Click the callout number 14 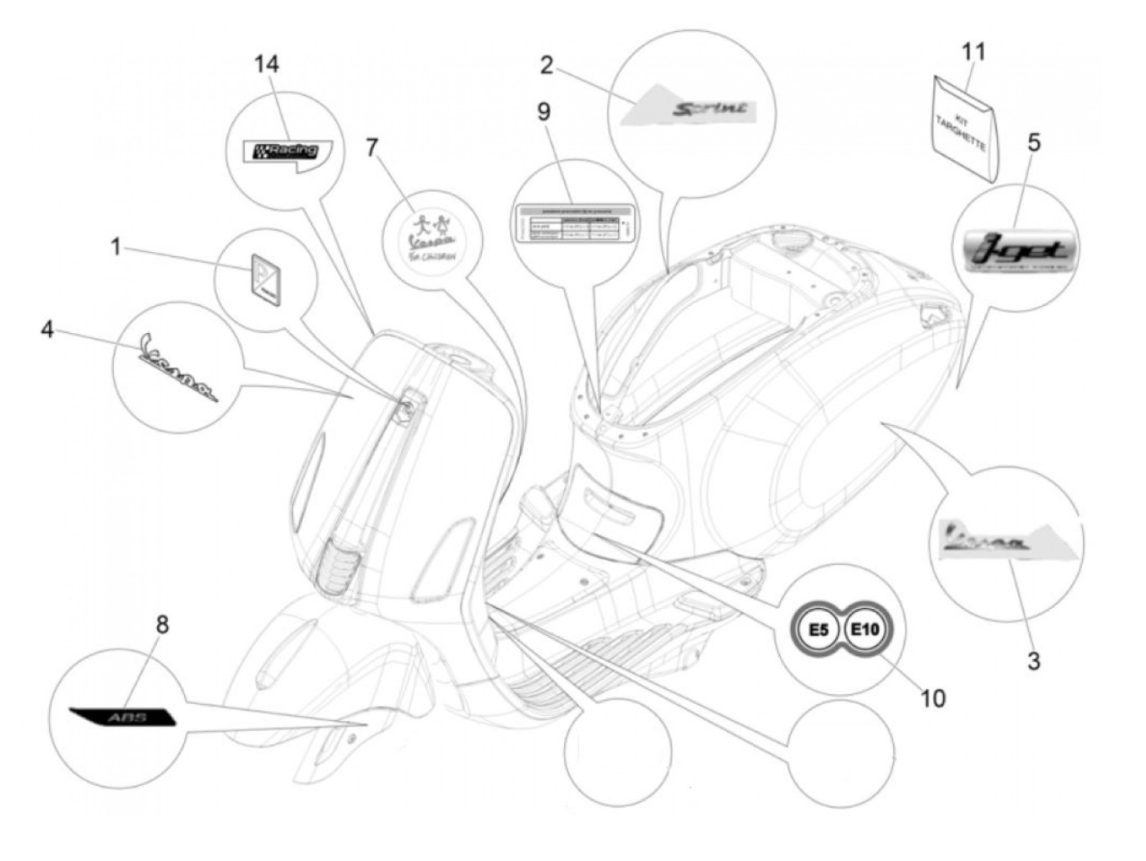click(266, 64)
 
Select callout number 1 click(115, 246)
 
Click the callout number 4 click(47, 330)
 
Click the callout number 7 click(372, 147)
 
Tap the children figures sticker click(431, 223)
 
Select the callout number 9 click(544, 112)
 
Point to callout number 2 click(547, 65)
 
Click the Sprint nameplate click(709, 109)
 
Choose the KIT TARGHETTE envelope click(966, 127)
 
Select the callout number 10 click(932, 698)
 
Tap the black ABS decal click(123, 716)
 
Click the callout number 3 click(1034, 660)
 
